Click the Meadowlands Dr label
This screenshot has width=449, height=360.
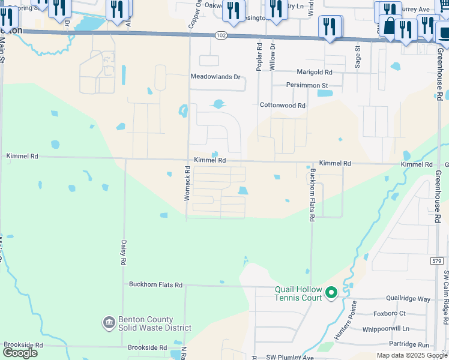click(x=215, y=77)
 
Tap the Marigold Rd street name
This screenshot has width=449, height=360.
click(x=315, y=72)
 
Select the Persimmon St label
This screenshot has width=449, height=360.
click(x=307, y=85)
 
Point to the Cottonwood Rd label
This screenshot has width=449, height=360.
click(x=282, y=105)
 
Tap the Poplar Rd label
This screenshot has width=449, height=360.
click(x=259, y=57)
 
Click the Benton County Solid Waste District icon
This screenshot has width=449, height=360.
click(x=109, y=323)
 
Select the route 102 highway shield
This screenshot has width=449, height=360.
click(x=221, y=36)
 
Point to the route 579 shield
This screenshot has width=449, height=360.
click(x=436, y=260)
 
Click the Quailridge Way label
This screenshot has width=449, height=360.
click(x=409, y=299)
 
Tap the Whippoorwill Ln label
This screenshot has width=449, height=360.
click(x=385, y=329)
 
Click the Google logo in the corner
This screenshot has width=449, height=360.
click(x=20, y=353)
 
